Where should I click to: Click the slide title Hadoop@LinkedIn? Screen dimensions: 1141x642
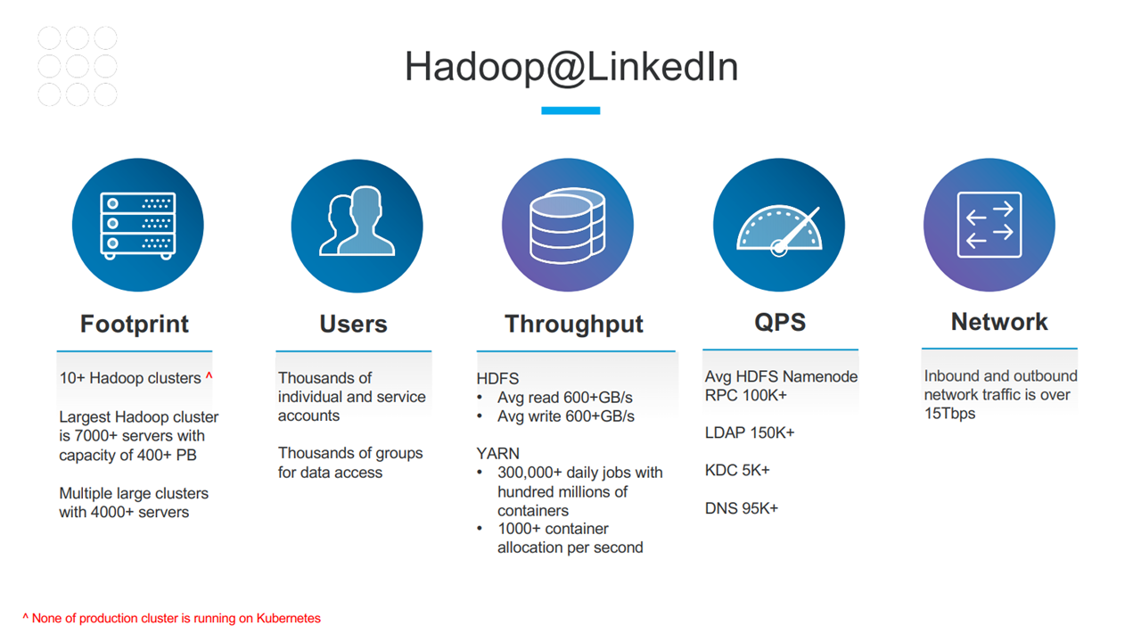(x=571, y=67)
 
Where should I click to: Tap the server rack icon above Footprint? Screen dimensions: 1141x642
(x=138, y=226)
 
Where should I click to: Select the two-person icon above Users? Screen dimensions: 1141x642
(x=357, y=220)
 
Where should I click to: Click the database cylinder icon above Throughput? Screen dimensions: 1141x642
(x=568, y=226)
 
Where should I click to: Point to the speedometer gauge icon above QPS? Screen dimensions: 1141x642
(x=779, y=231)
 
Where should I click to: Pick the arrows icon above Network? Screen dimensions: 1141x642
(x=989, y=225)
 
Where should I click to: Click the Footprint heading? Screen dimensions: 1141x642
(x=135, y=324)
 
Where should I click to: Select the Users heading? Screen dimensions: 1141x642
(x=354, y=324)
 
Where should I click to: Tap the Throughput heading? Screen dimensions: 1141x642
(x=574, y=325)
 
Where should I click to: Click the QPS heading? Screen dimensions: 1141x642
(x=780, y=323)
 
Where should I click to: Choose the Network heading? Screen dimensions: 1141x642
(x=999, y=322)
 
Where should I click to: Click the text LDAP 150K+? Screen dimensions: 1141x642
(x=750, y=432)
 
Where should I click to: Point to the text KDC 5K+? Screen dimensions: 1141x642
(x=737, y=470)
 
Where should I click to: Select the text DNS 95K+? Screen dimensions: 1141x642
(x=742, y=508)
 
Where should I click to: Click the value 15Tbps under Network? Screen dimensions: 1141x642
(x=950, y=413)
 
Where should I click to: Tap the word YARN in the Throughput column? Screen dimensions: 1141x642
(x=497, y=454)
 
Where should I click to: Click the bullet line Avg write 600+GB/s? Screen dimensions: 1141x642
(x=566, y=416)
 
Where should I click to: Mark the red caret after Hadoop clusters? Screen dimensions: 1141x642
(x=209, y=376)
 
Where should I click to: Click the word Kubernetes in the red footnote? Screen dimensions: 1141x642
(x=288, y=618)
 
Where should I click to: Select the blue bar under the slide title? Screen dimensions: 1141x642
(x=570, y=111)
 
